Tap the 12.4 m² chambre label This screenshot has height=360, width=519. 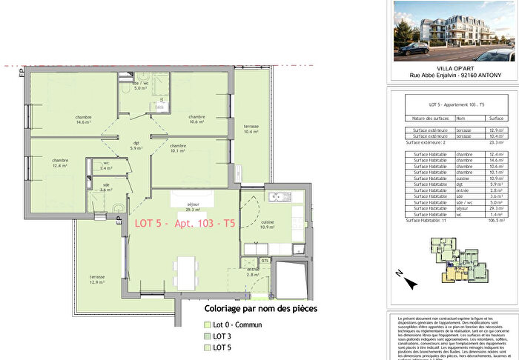60,163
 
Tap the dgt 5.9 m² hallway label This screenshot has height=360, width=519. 136,145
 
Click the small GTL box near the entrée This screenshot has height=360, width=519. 265,261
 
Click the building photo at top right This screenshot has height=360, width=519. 452,30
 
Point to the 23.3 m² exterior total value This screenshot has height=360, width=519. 496,142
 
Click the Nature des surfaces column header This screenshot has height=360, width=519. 429,118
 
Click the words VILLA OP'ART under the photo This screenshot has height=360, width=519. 452,67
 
